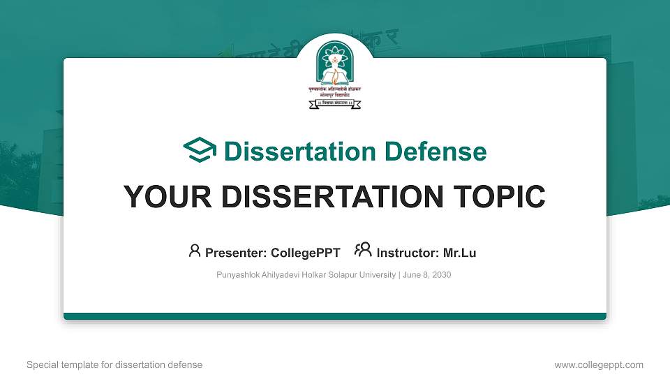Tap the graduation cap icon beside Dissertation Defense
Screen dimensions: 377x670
[200, 151]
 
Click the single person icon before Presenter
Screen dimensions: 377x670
[195, 251]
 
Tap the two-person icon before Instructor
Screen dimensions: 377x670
[363, 251]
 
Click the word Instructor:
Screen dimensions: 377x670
[408, 253]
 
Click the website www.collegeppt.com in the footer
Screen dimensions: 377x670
[598, 364]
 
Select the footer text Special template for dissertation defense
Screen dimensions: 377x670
[114, 364]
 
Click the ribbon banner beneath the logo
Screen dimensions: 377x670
[335, 105]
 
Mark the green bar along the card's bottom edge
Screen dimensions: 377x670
[335, 316]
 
